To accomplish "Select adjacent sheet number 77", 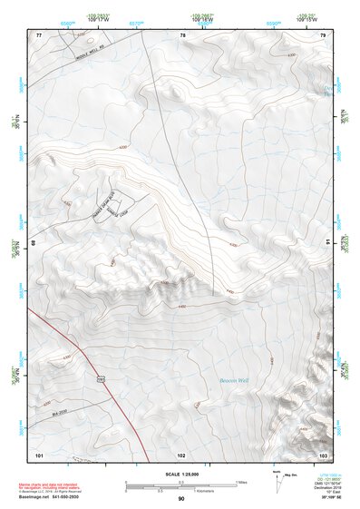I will click(39, 34).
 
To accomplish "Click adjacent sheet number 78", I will click(182, 34).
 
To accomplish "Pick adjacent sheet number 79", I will click(323, 34).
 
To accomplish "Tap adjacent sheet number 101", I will click(39, 453).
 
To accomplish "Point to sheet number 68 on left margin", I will click(34, 243).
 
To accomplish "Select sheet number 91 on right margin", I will click(327, 243).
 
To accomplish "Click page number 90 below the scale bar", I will click(181, 500).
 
